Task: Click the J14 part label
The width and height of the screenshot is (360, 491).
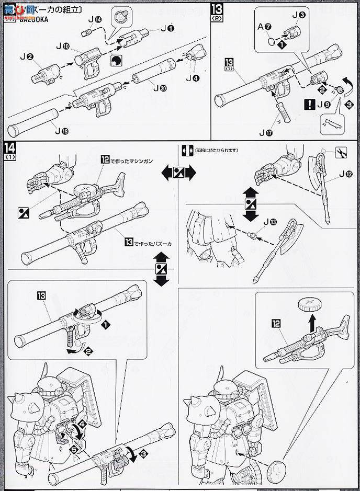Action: point(95,20)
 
